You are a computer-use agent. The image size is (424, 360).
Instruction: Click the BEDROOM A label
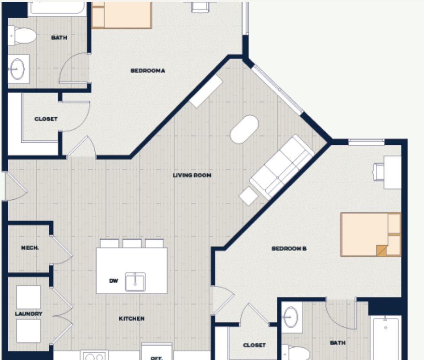148,71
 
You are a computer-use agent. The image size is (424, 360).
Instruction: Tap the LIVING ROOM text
192,175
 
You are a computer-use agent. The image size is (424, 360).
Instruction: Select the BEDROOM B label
289,248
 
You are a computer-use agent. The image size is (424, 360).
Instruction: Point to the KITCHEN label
132,319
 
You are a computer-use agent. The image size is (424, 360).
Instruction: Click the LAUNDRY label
29,314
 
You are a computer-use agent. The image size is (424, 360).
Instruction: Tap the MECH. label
30,248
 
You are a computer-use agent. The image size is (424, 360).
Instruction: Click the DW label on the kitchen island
113,281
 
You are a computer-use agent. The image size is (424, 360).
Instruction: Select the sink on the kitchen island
135,282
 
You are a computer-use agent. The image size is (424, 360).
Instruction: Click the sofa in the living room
282,167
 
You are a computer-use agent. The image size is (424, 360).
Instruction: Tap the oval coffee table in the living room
244,130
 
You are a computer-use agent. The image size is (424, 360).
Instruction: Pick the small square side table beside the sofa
248,196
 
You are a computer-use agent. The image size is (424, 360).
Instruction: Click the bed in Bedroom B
371,234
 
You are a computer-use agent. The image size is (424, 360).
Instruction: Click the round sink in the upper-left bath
17,69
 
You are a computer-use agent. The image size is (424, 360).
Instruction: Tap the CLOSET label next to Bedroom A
46,119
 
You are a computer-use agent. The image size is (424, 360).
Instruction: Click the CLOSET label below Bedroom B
254,345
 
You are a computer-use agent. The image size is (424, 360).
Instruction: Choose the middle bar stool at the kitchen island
132,243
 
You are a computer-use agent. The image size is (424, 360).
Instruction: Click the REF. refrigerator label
157,358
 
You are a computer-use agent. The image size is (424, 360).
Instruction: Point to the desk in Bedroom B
392,172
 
